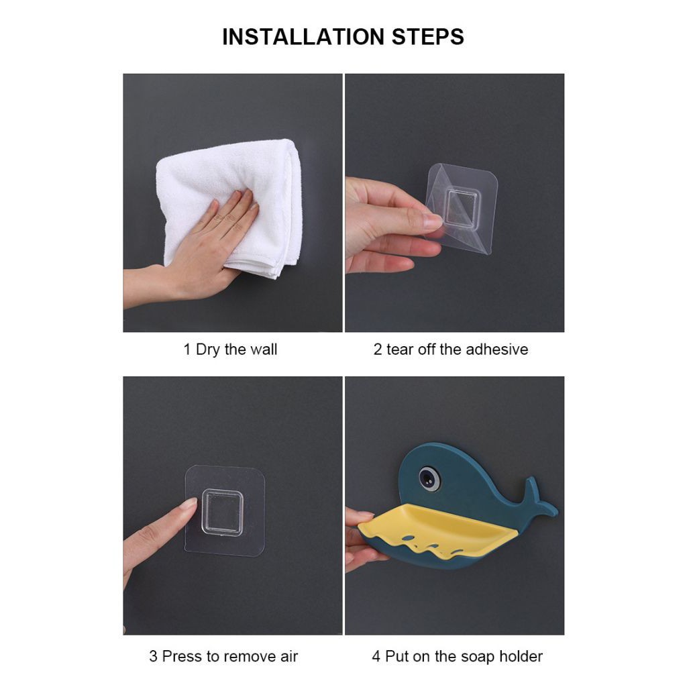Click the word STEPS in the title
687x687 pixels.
[427, 37]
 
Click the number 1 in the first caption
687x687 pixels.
[187, 350]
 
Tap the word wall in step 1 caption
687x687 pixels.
[263, 349]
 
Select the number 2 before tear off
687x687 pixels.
[378, 350]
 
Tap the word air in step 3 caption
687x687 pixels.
[288, 656]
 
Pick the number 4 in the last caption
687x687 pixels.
[376, 656]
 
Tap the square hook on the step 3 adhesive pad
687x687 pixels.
[222, 512]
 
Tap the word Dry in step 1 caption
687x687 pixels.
[208, 350]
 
